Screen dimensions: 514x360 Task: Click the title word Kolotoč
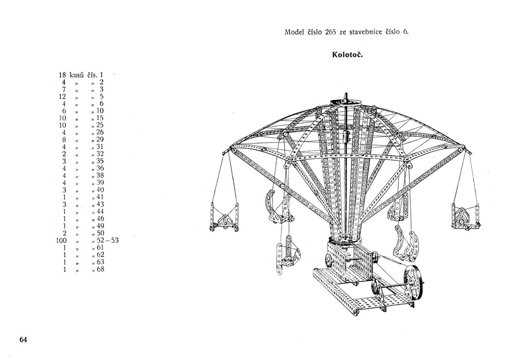[x=347, y=55]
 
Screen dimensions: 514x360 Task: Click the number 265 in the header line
[x=331, y=32]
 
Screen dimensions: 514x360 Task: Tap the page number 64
[x=24, y=339]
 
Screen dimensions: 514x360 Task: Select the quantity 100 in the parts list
[x=61, y=241]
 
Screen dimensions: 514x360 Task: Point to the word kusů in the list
[x=77, y=75]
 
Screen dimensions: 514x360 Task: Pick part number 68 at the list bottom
[x=100, y=269]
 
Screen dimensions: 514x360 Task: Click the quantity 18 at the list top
[x=62, y=75]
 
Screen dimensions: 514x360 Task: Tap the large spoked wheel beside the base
[x=412, y=283]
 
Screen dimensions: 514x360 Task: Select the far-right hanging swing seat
[x=466, y=218]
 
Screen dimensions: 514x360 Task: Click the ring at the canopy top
[x=346, y=102]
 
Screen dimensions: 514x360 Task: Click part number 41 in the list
[x=100, y=197]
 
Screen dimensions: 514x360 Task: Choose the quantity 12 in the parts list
[x=62, y=96]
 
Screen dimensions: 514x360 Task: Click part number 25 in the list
[x=100, y=125]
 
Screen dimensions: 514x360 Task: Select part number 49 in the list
[x=100, y=226]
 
